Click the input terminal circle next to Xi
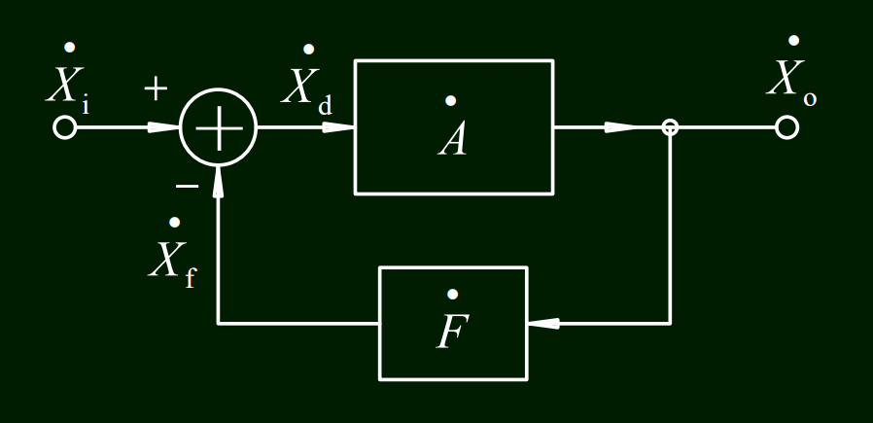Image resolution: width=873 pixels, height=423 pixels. pos(64,127)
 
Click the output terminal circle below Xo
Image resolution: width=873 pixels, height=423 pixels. pos(786,127)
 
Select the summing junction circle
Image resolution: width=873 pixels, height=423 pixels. pos(219,128)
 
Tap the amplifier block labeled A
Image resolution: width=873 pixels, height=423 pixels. pos(454,126)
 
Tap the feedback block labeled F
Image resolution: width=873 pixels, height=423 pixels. pos(453,323)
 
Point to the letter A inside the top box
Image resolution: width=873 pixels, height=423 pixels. pos(453,140)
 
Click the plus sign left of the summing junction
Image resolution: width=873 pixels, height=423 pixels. pos(156,88)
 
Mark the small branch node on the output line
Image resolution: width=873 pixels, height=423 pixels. pos(670,127)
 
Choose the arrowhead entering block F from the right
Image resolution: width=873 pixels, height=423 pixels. pos(544,323)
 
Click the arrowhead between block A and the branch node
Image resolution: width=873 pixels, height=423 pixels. pos(619,127)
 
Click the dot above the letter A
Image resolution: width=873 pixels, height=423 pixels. pos(450,100)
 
